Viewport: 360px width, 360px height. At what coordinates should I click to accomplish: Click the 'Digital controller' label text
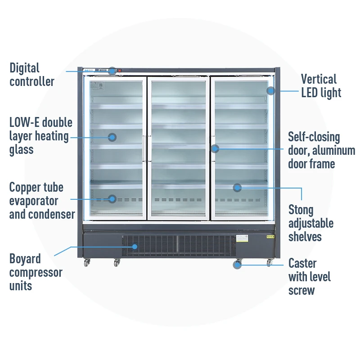tap(32, 75)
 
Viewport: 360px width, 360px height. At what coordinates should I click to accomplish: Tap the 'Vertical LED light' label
tap(321, 86)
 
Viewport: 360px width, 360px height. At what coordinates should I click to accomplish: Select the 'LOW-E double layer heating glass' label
tap(40, 136)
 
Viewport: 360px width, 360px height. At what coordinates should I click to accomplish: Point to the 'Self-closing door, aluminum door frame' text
tap(321, 150)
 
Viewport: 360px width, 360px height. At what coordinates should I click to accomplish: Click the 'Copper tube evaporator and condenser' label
tap(42, 201)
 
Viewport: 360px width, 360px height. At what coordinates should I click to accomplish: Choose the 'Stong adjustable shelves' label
tap(311, 223)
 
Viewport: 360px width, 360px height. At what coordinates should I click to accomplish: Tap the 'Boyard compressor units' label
tap(36, 272)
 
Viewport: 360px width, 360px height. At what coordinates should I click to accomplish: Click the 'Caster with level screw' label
tap(310, 276)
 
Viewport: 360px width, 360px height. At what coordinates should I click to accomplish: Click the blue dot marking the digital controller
tap(112, 71)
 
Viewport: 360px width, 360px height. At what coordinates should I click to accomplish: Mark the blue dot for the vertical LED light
tap(270, 90)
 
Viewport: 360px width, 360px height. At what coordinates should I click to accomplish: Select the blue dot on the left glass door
tap(112, 137)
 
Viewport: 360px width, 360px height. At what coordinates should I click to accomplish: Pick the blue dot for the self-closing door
tap(215, 148)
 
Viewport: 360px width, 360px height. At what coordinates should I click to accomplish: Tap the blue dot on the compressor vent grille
tap(135, 246)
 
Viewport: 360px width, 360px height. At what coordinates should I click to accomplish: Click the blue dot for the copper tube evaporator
tap(112, 198)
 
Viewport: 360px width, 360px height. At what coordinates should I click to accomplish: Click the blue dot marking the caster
tap(237, 265)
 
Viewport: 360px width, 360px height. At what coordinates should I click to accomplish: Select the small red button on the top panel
tap(120, 70)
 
